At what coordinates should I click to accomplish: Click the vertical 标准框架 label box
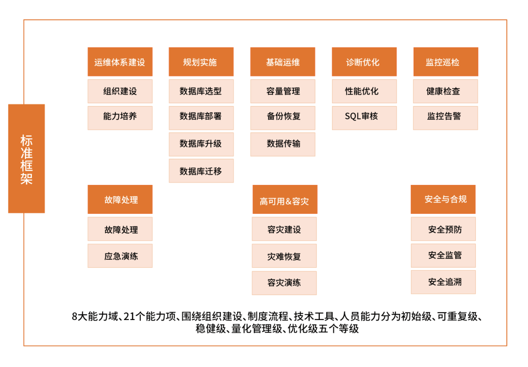26,159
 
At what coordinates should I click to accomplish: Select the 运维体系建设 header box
120,62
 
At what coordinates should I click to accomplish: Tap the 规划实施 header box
201,62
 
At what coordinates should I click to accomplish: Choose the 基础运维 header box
283,62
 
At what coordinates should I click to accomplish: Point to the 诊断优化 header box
364,62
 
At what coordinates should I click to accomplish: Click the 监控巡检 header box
446,62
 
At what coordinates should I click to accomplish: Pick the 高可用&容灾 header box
285,199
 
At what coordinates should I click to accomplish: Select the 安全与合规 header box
443,199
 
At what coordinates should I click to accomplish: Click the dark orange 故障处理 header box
120,199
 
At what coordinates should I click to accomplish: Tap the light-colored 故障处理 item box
120,229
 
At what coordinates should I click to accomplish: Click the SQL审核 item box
364,118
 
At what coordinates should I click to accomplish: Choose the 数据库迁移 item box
201,171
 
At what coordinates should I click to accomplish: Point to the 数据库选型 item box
201,92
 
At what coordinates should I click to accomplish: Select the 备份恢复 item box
283,118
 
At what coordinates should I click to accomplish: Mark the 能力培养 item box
120,118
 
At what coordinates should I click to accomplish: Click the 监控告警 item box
445,118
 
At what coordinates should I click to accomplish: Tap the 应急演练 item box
120,256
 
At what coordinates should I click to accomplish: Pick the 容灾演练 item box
284,283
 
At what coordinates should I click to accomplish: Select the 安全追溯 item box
443,282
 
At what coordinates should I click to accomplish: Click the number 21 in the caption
129,317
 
